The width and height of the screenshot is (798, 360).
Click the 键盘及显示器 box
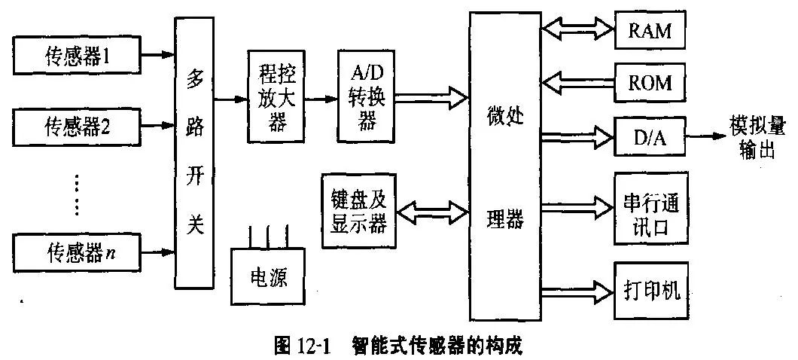coord(358,211)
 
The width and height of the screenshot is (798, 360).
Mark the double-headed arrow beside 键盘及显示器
coord(433,211)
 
